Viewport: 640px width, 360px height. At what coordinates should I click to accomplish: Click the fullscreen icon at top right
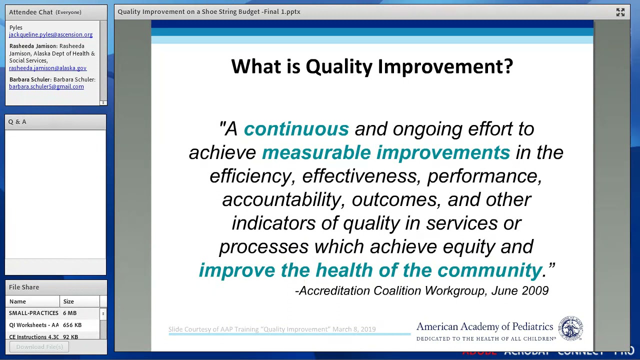620,12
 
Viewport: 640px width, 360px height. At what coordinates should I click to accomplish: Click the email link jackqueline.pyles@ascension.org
50,34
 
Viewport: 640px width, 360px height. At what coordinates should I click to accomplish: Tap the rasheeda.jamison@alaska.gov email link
47,68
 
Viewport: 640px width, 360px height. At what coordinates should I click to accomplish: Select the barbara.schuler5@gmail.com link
46,86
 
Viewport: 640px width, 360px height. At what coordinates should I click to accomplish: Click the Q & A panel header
17,122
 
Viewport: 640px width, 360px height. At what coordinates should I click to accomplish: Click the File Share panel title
24,287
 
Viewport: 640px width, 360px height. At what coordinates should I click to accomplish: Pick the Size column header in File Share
68,301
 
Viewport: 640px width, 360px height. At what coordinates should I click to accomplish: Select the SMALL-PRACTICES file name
33,313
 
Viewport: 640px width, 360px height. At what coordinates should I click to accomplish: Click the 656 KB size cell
72,325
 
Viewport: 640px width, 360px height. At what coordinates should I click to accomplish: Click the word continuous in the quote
296,129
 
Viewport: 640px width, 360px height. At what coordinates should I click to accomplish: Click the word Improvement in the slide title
445,66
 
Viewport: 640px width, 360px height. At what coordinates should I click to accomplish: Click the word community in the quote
489,270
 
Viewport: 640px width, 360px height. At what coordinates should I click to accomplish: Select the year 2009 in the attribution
535,291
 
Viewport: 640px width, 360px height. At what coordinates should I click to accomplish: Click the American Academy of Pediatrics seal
570,328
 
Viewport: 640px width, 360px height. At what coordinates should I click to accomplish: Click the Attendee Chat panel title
31,12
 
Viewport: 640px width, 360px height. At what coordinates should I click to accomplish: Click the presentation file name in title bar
209,11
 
